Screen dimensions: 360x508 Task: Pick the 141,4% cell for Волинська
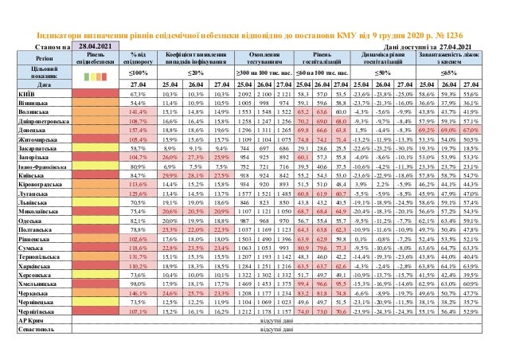click(137, 112)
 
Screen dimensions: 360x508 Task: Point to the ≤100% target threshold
click(137, 73)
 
